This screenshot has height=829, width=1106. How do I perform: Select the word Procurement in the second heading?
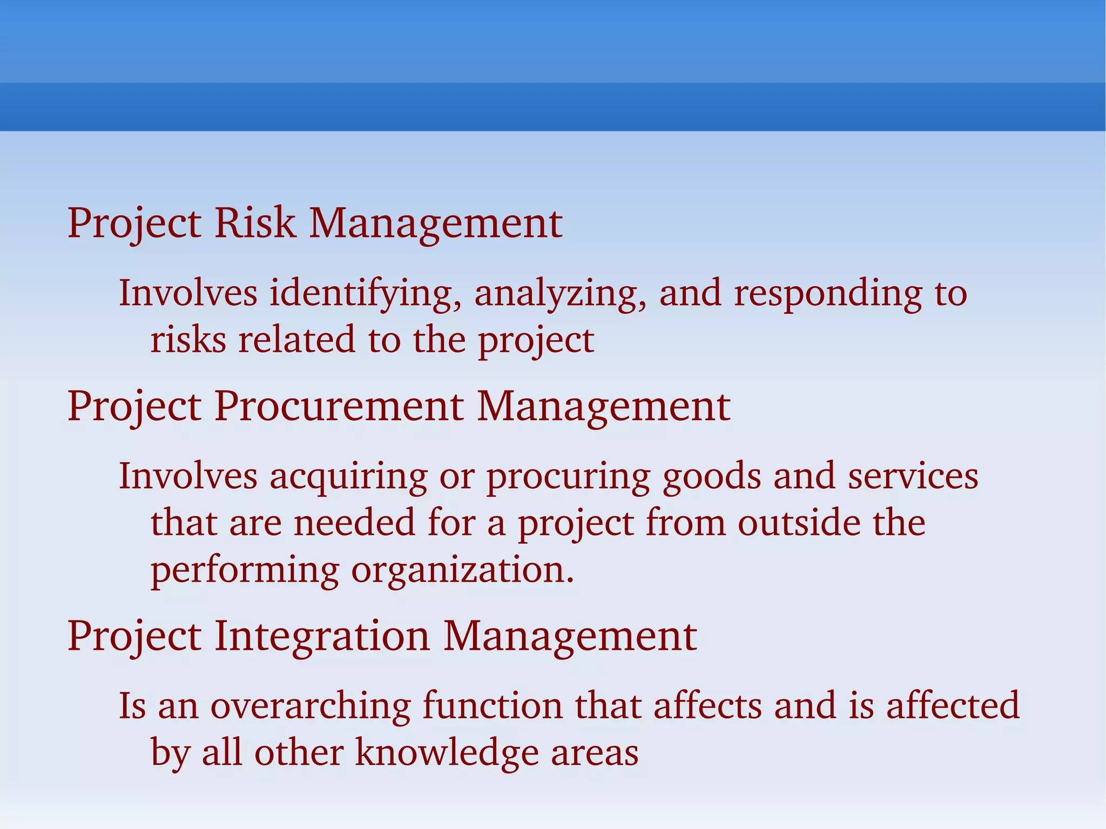339,406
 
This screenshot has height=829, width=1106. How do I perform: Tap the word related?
297,340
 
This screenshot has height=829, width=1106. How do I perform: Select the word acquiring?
348,476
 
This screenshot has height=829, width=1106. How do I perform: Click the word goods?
711,476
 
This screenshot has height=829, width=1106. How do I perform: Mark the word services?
913,476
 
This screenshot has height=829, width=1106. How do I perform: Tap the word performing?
245,570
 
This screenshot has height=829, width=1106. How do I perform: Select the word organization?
462,570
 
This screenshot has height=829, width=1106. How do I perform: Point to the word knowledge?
447,752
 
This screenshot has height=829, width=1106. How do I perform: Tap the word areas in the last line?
595,752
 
